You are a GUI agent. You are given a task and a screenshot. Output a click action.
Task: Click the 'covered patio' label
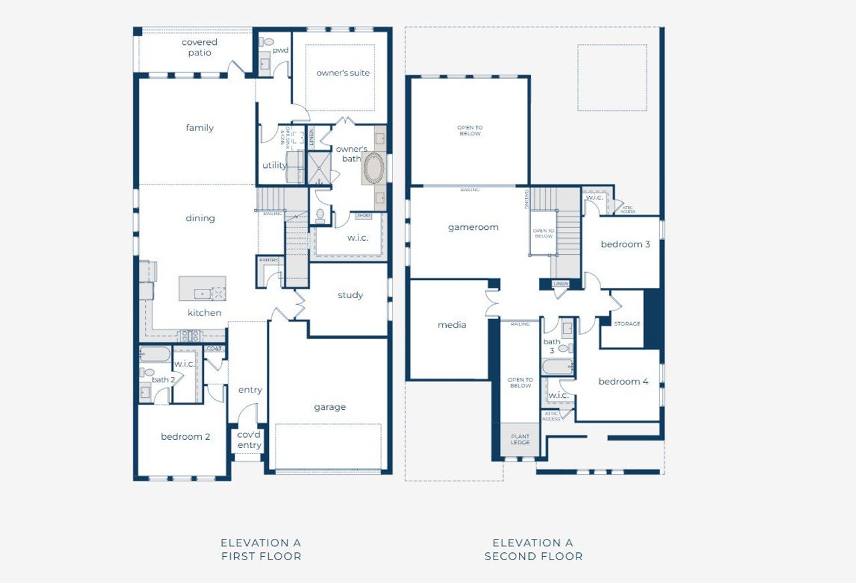tap(199, 47)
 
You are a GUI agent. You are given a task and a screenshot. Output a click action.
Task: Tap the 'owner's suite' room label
tap(342, 73)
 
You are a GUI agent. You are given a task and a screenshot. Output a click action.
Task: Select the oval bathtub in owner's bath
tap(372, 168)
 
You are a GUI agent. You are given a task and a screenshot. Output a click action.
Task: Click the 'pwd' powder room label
tap(280, 50)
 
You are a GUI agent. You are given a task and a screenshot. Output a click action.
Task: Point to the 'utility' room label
tap(274, 165)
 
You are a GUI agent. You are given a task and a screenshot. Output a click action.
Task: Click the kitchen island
tap(202, 288)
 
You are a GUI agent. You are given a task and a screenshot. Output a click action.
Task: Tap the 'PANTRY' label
tap(268, 260)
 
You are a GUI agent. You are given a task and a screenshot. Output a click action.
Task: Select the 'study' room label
tap(350, 295)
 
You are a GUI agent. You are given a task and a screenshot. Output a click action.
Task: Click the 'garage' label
tap(330, 406)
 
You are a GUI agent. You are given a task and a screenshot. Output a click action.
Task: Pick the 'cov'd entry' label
tap(249, 439)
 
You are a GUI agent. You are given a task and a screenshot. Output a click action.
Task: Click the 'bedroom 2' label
tap(185, 437)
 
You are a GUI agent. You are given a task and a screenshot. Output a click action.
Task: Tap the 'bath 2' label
tap(163, 380)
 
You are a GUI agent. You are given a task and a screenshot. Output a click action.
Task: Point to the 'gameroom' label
tap(473, 227)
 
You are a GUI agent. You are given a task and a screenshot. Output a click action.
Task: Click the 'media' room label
tap(452, 325)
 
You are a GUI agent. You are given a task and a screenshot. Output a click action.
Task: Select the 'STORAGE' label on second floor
tap(627, 324)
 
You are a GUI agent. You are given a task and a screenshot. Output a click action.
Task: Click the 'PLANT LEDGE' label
tap(520, 439)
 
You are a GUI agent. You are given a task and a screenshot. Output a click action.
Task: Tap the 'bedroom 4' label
tap(623, 382)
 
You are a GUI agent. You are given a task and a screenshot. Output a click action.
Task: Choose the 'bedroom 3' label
tap(625, 244)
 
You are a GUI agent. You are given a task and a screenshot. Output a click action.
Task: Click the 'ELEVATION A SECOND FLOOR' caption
tap(533, 550)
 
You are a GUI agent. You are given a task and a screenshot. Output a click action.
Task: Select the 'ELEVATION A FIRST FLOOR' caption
tap(261, 550)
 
